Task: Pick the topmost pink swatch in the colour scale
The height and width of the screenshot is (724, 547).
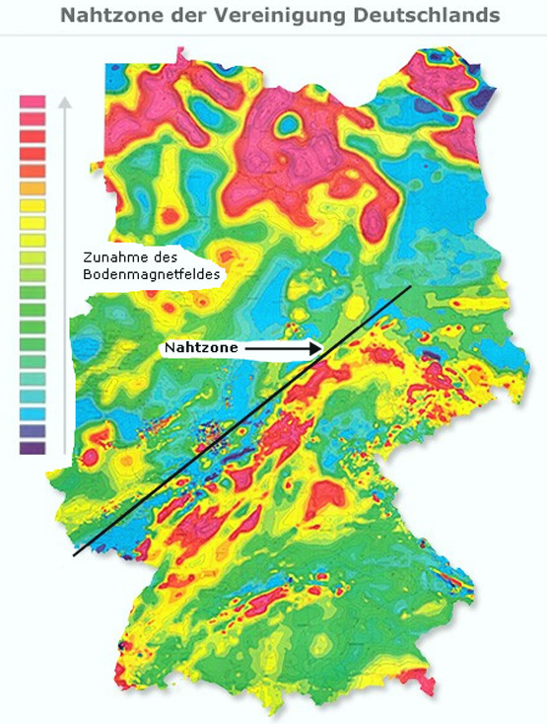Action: coord(33,102)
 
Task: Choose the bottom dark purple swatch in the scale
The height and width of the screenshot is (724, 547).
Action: coord(33,448)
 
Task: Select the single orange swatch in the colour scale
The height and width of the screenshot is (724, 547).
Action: coord(33,187)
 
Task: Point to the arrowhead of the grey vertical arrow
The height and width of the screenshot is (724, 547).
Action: coord(66,102)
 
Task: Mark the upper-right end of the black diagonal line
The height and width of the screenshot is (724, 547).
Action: coord(409,287)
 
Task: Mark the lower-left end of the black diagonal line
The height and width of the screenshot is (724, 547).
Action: coord(75,555)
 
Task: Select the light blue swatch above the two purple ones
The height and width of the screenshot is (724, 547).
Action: coord(33,413)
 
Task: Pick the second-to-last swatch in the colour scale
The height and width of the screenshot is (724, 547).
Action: coord(33,431)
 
